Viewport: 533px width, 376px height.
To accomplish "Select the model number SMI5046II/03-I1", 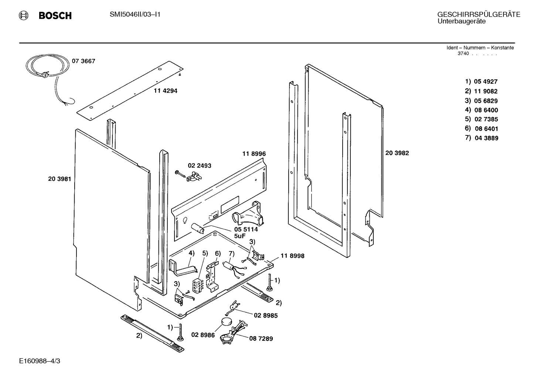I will (x=135, y=14).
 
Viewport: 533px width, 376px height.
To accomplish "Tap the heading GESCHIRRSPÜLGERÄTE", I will (x=479, y=14).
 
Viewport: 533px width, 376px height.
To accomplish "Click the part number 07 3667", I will (x=83, y=61).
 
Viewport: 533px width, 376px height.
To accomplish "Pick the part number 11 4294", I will (x=165, y=91).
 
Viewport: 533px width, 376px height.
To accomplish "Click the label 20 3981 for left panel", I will (x=59, y=179).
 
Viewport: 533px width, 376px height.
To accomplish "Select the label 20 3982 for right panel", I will (x=397, y=153).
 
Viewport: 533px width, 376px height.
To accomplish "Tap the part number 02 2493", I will (x=199, y=166).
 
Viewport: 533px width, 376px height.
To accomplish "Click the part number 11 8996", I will (x=254, y=154).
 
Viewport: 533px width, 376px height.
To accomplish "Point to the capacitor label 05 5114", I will (x=246, y=229).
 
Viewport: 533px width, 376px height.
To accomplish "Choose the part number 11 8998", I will (x=292, y=256).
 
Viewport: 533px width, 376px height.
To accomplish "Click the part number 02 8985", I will (x=265, y=315).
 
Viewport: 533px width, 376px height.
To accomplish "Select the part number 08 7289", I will (x=261, y=338).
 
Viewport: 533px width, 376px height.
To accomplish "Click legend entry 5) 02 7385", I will (x=481, y=119).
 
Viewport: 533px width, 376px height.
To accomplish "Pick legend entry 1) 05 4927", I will (x=481, y=82).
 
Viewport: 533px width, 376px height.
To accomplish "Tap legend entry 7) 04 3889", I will (x=481, y=138).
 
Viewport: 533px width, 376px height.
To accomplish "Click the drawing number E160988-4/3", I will (x=40, y=360).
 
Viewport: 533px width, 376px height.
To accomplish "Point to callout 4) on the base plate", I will (x=191, y=253).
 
